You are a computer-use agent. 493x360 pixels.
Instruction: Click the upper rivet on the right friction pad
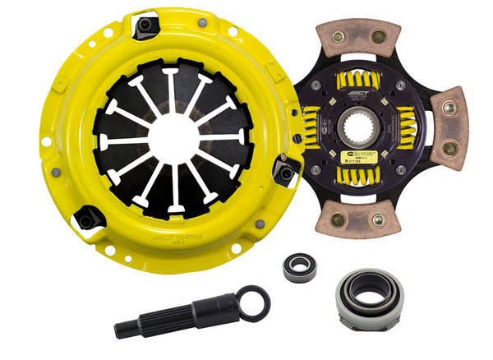click(x=449, y=108)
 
